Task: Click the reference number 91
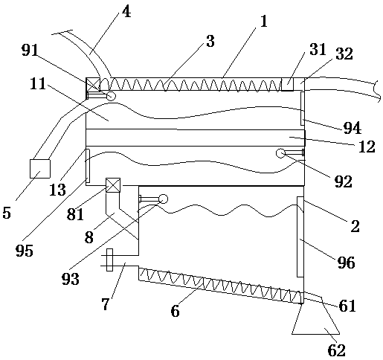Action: (30, 51)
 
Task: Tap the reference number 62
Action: (337, 350)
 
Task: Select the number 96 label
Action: (346, 263)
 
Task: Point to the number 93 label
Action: (71, 279)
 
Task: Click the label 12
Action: (367, 147)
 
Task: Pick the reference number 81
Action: (75, 214)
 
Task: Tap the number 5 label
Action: (7, 213)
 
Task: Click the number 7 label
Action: (105, 304)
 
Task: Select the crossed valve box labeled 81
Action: (113, 185)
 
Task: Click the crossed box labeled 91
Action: (93, 84)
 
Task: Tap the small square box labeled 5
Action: (40, 169)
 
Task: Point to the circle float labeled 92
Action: (280, 153)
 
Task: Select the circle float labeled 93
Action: (164, 199)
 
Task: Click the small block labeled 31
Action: (287, 84)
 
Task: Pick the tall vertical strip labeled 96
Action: (300, 237)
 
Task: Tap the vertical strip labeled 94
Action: (303, 109)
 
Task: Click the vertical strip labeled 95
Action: (88, 166)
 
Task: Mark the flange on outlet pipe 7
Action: (109, 260)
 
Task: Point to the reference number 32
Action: (344, 54)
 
